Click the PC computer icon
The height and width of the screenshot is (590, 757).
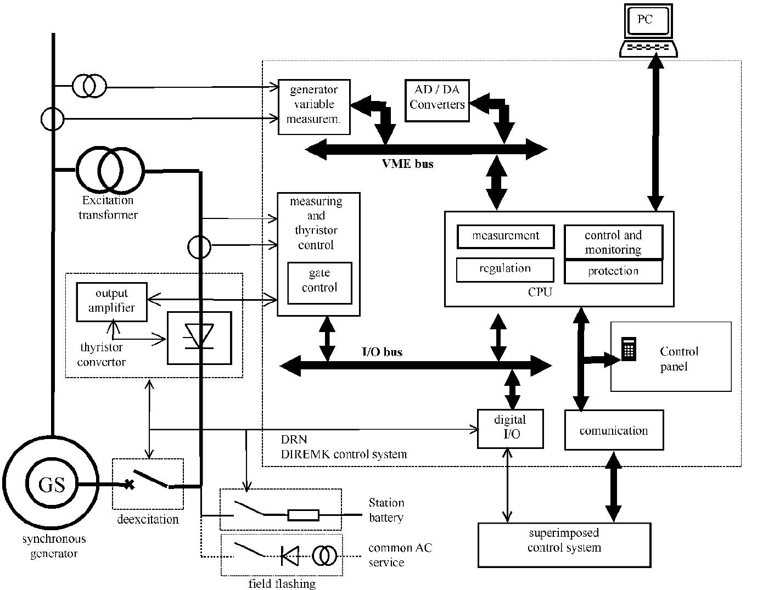pos(648,30)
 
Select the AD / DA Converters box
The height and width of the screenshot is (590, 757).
pos(437,100)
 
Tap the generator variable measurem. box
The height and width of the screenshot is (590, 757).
pos(313,106)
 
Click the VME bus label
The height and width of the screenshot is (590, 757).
pos(407,164)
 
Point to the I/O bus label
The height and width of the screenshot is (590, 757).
pos(382,352)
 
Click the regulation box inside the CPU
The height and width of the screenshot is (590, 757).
pos(504,269)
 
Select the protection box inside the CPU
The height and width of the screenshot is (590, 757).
pos(613,272)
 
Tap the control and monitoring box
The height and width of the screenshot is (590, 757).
pos(613,242)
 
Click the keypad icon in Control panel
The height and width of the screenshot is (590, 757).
pos(629,349)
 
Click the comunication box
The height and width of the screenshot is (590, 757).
pos(614,430)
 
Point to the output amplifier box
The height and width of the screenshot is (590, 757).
pos(112,301)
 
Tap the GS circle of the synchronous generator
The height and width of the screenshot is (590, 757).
pos(52,485)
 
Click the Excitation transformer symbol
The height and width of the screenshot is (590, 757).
pos(110,170)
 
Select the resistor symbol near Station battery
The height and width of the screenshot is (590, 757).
pos(303,515)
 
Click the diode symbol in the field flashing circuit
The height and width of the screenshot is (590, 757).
pos(289,555)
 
